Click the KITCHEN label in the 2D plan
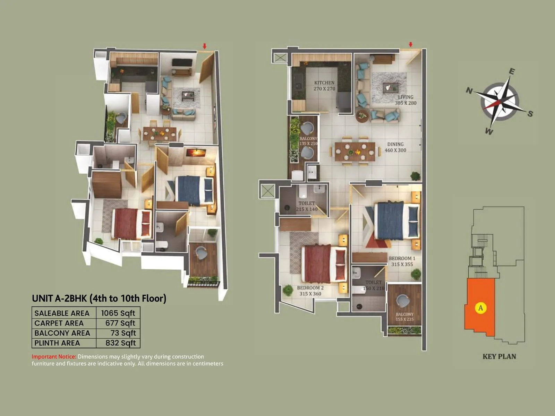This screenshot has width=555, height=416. pos(324,83)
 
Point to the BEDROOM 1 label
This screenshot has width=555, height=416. pos(402,258)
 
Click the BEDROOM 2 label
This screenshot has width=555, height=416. pos(310,288)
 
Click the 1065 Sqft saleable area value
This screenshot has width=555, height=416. pos(118,313)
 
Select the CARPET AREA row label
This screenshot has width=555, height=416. pos(59,323)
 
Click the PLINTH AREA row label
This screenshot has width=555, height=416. pos(57,343)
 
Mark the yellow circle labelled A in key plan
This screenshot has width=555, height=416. pos(480,307)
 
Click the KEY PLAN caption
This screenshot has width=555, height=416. pos(499,356)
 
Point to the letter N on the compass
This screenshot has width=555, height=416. pos(469,91)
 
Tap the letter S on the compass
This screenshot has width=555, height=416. pos(530,113)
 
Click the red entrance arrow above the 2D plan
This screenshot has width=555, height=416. pos(411,45)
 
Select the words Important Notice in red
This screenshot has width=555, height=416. pos(54,356)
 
